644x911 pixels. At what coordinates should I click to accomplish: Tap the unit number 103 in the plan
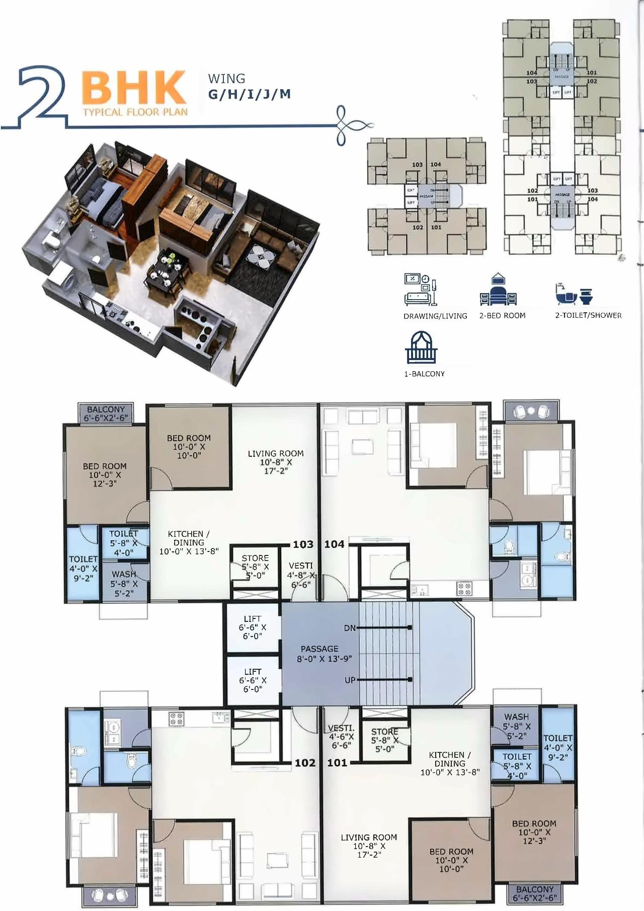[x=303, y=544]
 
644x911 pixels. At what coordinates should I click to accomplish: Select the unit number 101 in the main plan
[x=337, y=763]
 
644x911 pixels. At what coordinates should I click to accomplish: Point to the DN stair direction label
[x=350, y=628]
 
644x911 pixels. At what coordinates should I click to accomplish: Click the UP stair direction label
[x=350, y=680]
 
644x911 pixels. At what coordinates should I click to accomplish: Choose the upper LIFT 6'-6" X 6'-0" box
[x=253, y=627]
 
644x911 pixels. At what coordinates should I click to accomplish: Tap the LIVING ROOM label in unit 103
[x=276, y=462]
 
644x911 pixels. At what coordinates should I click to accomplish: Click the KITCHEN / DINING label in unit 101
[x=450, y=763]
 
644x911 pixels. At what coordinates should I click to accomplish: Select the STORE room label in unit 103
[x=255, y=567]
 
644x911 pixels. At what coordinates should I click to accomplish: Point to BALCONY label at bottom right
[x=534, y=893]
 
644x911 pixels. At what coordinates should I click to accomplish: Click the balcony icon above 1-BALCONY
[x=421, y=347]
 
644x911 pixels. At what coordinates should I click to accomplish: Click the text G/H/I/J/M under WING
[x=249, y=95]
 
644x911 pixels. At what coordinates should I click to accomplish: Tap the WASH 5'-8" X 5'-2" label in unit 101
[x=516, y=725]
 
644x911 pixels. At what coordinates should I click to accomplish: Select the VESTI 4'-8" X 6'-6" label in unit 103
[x=301, y=575]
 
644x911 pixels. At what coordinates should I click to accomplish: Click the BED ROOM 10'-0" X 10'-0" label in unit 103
[x=189, y=447]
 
